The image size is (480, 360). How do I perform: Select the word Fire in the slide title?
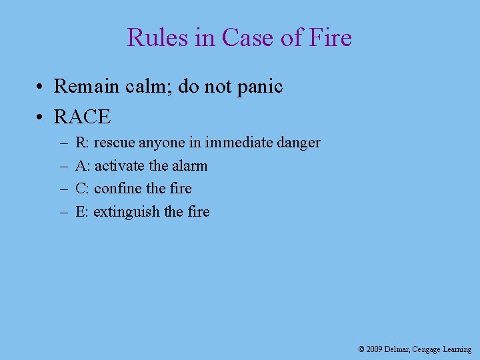coord(330,37)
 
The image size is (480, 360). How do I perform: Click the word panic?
coord(258,87)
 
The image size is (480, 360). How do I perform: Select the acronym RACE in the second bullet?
coord(82,117)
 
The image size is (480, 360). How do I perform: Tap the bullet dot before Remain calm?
coord(41,87)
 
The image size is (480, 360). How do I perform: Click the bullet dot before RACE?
coord(41,117)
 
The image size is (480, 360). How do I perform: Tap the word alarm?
coord(189,165)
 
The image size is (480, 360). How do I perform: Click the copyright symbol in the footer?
coord(361,349)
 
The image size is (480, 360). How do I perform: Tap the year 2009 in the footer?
coord(374,349)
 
